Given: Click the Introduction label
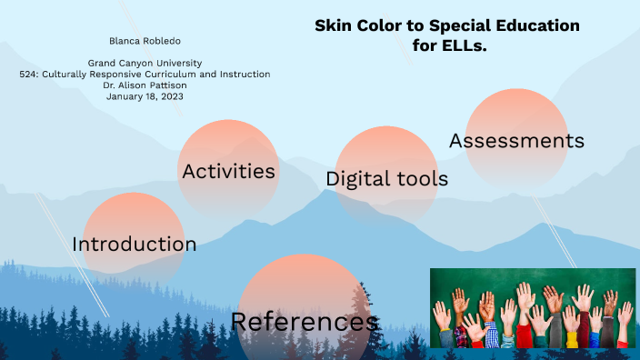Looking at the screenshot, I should click(x=134, y=245).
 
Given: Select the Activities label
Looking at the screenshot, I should click(x=228, y=171).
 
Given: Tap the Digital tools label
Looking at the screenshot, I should click(x=386, y=179).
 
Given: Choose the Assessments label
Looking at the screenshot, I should click(x=516, y=141).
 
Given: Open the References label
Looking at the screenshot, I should click(x=305, y=322).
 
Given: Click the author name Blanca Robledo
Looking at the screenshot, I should click(x=145, y=41).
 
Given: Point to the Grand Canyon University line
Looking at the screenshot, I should click(x=145, y=63).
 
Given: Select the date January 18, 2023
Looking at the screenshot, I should click(x=145, y=96).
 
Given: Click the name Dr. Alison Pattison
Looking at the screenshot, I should click(x=145, y=85).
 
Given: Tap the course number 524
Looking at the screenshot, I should click(x=29, y=75).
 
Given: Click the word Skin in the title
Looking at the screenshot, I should click(x=332, y=25).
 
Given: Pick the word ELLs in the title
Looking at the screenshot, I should click(x=465, y=45).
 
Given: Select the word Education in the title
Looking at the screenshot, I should click(x=534, y=25).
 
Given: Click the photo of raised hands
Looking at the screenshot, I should click(x=533, y=309).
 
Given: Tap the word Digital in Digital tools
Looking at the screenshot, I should click(x=357, y=179).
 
